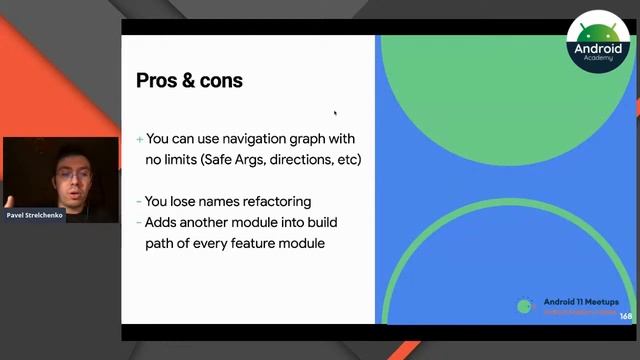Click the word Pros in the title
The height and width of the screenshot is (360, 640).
pyautogui.click(x=158, y=81)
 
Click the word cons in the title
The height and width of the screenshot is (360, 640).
pyautogui.click(x=221, y=81)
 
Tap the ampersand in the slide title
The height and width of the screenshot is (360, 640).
pyautogui.click(x=188, y=81)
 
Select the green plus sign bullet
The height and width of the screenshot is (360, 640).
pyautogui.click(x=140, y=139)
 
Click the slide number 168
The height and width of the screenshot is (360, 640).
pyautogui.click(x=626, y=317)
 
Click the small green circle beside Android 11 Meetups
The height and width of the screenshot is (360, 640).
pyautogui.click(x=526, y=306)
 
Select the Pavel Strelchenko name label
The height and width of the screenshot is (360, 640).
pyautogui.click(x=34, y=214)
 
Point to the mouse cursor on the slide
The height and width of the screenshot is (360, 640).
pyautogui.click(x=335, y=113)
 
